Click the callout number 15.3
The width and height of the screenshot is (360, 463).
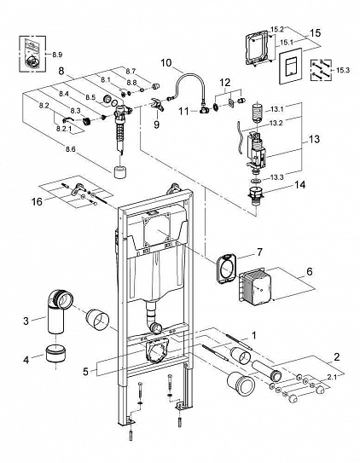point(343,70)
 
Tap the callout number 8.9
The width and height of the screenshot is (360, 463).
point(57,55)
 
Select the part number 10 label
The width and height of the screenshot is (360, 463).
point(166,63)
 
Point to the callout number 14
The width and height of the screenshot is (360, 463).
point(299,185)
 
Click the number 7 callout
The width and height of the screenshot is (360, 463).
point(259,252)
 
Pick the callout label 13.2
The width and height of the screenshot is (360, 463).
point(276,123)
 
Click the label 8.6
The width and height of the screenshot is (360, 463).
point(71,149)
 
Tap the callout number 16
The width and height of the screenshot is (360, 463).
point(37,202)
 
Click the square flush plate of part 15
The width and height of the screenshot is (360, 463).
point(291,67)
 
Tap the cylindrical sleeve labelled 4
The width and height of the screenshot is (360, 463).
point(56,353)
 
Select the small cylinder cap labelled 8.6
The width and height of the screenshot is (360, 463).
point(120,172)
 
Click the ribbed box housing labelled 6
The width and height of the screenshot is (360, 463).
point(254,286)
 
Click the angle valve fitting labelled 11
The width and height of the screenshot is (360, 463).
point(204,111)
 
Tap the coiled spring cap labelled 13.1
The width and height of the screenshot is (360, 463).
point(258,112)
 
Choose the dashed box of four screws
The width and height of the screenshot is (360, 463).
point(321,70)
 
